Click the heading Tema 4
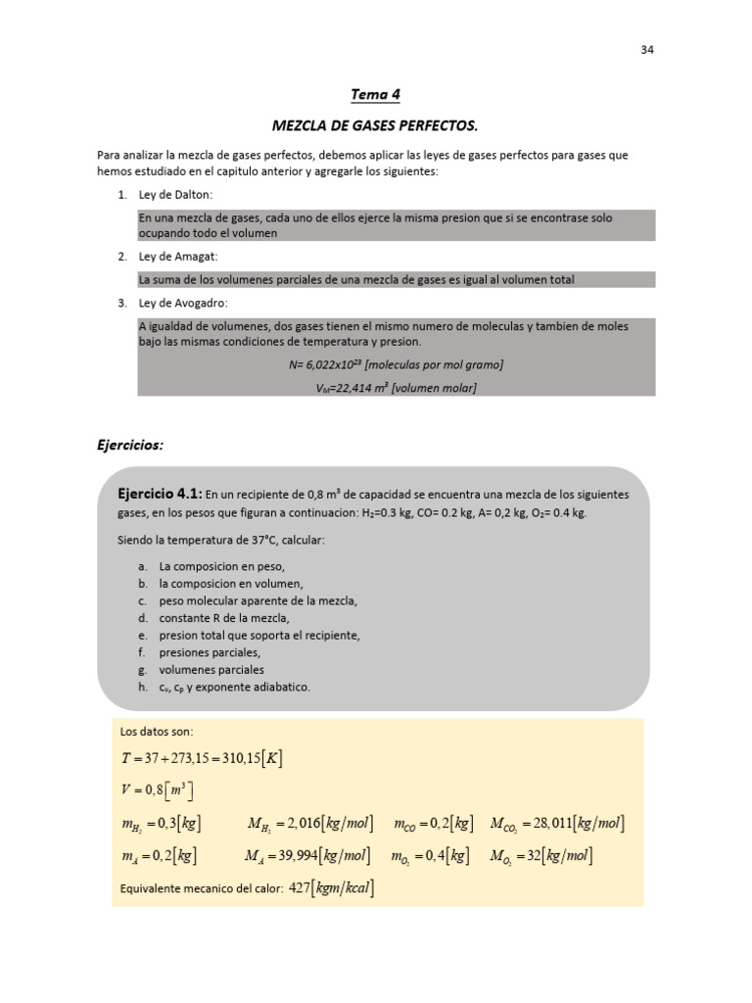click(375, 95)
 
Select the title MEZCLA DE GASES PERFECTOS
click(375, 125)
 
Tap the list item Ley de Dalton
click(175, 195)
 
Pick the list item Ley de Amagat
click(178, 257)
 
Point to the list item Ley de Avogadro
click(183, 303)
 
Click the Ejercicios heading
click(130, 445)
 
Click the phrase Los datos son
click(157, 732)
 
